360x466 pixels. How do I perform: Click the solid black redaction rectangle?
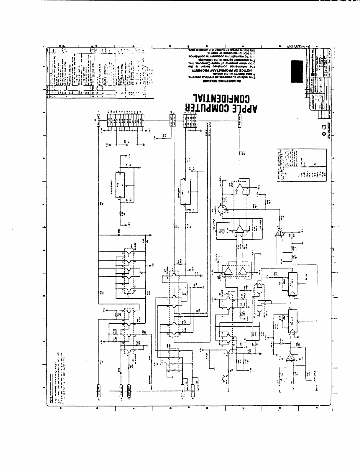297,72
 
